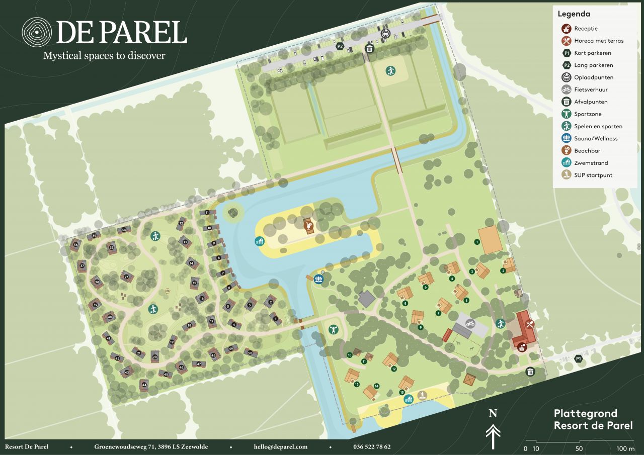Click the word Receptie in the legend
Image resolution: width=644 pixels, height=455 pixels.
coord(586,29)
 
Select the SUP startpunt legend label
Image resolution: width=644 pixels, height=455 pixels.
coord(593,175)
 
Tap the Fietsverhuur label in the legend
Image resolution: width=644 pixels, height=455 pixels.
coord(591,89)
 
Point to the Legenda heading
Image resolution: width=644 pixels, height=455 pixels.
coord(574,14)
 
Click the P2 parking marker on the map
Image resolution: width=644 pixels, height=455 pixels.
coord(341,46)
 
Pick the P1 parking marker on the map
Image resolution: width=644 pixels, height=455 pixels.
coord(579,358)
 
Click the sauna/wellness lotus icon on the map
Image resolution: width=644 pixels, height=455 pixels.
coord(318,278)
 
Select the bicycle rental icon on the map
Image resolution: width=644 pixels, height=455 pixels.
coord(470,323)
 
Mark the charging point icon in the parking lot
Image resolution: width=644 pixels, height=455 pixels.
coord(386,33)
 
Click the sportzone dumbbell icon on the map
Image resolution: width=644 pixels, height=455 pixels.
coord(333,330)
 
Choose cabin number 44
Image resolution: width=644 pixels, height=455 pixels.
coord(144,385)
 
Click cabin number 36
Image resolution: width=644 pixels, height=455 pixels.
coord(76,245)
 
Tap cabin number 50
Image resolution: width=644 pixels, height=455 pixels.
coord(250,353)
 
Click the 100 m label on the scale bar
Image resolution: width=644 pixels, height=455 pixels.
coord(625,448)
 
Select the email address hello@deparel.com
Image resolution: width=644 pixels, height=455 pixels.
coord(280,447)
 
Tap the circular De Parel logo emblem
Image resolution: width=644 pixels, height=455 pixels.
coord(37,32)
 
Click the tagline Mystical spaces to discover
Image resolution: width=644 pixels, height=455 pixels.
coord(104,55)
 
